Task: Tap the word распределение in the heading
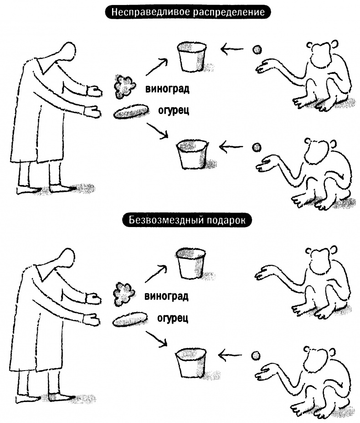pos(229,13)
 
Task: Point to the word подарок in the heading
pos(226,221)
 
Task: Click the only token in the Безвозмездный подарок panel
pos(256,356)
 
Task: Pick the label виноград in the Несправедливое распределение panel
pos(167,89)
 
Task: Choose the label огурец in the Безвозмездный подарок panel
pos(173,318)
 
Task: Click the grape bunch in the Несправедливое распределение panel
pos(124,86)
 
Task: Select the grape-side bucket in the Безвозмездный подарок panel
pos(190,263)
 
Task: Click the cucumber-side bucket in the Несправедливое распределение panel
pos(192,154)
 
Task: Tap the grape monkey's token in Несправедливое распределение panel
pos(257,50)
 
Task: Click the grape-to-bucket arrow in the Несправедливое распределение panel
pos(157,67)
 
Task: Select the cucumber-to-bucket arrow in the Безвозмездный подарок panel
pos(157,340)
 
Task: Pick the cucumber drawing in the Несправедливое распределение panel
pos(131,112)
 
